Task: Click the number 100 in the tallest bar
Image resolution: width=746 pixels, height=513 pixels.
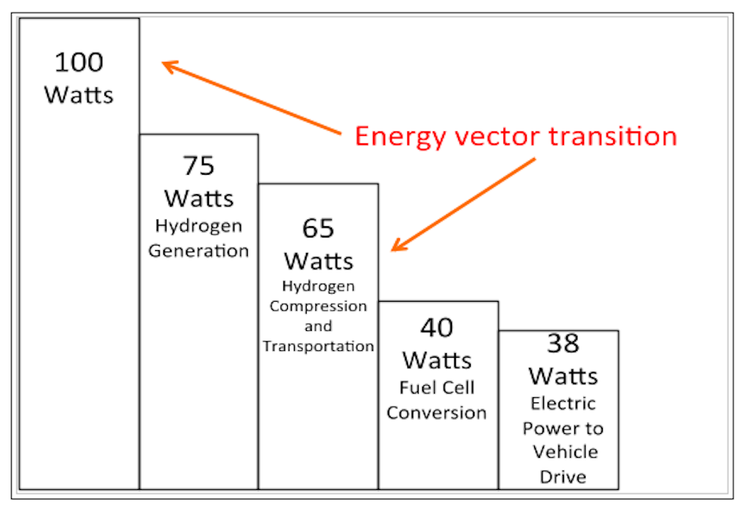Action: click(79, 62)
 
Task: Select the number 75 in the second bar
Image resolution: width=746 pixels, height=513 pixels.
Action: click(198, 166)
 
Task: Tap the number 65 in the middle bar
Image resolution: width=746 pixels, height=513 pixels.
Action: click(319, 228)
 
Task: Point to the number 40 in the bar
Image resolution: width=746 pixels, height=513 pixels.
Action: click(437, 327)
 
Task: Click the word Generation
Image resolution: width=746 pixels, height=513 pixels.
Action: click(198, 250)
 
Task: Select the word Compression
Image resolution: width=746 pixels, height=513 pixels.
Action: click(319, 306)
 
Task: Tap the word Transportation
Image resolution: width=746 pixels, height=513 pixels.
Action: click(319, 346)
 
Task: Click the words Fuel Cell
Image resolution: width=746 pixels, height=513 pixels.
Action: click(437, 388)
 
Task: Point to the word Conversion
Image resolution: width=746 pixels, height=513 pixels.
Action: click(437, 412)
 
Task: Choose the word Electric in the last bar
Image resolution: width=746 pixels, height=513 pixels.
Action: click(563, 404)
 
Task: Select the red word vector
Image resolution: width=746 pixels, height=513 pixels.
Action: click(486, 137)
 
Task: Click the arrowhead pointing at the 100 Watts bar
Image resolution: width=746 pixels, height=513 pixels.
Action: click(168, 66)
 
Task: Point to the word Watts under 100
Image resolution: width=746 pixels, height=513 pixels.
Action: click(79, 96)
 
